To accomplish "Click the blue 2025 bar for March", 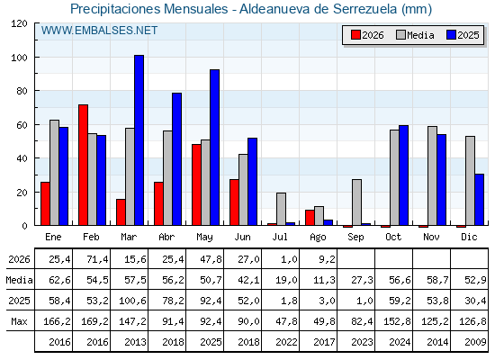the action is [x=139, y=140].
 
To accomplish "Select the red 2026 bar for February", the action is [x=83, y=165].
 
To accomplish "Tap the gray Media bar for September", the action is [x=356, y=202].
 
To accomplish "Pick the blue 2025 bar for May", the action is [x=214, y=148].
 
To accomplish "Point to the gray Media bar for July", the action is [x=281, y=209].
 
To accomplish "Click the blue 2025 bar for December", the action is [x=479, y=200].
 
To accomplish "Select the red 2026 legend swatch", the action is [x=355, y=35].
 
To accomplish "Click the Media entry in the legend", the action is [x=415, y=35].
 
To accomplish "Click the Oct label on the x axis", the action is [x=393, y=237].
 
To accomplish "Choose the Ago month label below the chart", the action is [x=318, y=238].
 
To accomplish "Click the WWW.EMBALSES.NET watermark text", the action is [x=99, y=31].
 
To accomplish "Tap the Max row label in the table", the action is [x=19, y=321].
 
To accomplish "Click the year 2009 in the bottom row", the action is [x=475, y=342].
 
